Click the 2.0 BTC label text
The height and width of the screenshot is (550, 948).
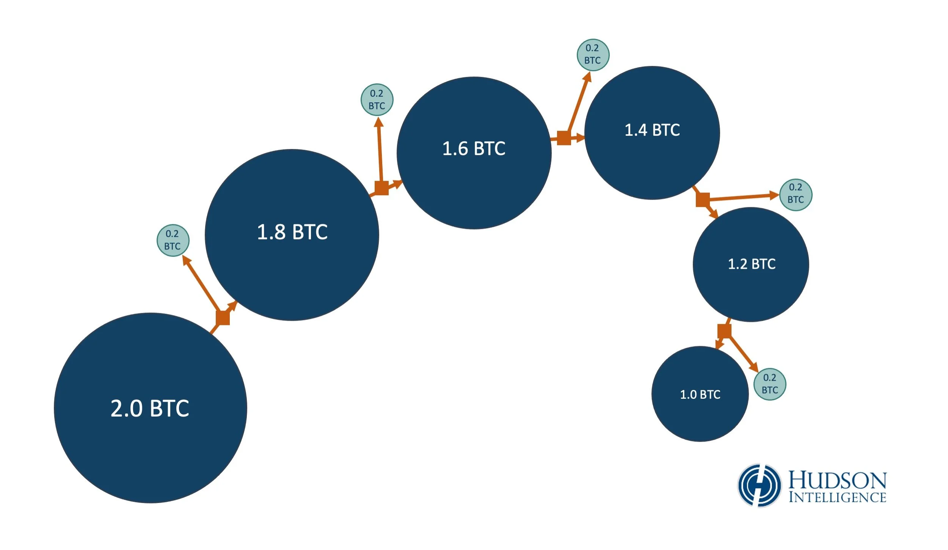[x=150, y=408]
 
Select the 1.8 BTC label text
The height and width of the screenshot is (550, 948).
[x=292, y=232]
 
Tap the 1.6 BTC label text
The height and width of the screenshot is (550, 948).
[x=474, y=148]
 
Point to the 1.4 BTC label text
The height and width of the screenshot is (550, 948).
[x=652, y=130]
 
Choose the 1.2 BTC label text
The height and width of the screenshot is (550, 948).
[x=752, y=264]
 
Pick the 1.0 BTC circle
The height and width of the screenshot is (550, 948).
[x=700, y=394]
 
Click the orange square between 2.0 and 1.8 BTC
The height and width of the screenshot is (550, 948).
[x=223, y=318]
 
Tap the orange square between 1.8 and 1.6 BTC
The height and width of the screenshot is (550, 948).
[x=381, y=188]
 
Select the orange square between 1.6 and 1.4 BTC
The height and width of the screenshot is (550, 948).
[x=564, y=138]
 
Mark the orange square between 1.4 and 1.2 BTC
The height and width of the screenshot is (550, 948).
[x=703, y=200]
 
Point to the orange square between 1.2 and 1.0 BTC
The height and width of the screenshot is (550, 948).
[x=724, y=331]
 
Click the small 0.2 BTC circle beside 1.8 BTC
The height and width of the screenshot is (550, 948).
[x=173, y=240]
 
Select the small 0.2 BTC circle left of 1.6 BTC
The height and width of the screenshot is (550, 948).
[x=377, y=100]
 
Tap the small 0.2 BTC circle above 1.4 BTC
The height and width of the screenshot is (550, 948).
[x=593, y=55]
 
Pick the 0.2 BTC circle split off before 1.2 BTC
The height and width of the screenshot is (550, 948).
[x=796, y=195]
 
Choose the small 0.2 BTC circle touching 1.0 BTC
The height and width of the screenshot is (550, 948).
[x=769, y=384]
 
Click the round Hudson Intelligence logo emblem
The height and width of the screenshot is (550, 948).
[x=759, y=485]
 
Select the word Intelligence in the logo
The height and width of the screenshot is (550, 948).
[x=837, y=498]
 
